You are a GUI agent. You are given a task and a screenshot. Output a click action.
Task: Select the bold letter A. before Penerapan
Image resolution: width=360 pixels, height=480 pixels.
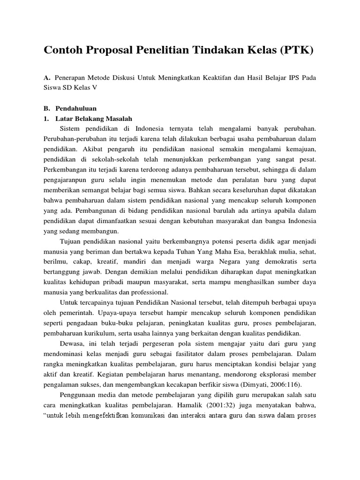tap(47, 77)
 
